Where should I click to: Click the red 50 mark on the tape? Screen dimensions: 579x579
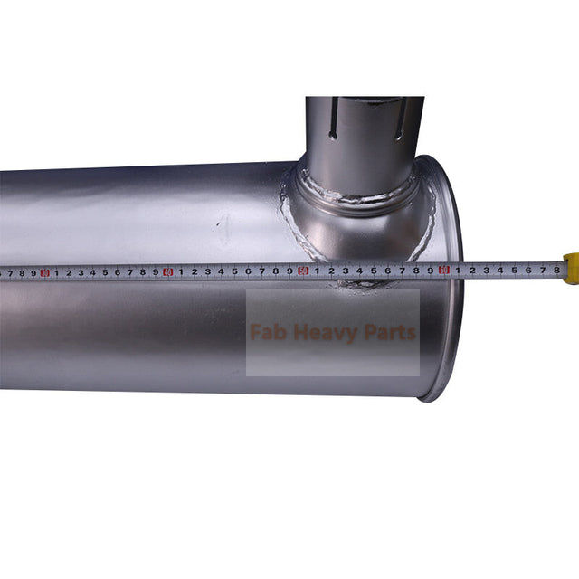tap(304, 270)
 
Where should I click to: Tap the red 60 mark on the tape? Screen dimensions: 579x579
tap(444, 269)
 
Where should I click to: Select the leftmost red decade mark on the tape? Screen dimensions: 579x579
tap(43, 271)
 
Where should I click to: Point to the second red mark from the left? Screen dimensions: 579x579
tap(167, 271)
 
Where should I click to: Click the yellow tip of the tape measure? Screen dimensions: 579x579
tap(571, 269)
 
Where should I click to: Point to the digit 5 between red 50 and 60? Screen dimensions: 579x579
tap(374, 270)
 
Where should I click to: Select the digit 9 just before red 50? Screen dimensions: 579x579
tap(289, 270)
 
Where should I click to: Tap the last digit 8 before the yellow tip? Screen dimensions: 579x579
tap(555, 269)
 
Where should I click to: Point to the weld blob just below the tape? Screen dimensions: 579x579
tap(362, 285)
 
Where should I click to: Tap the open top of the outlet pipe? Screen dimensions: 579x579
tap(365, 100)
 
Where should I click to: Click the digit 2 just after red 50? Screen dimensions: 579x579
tap(331, 270)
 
